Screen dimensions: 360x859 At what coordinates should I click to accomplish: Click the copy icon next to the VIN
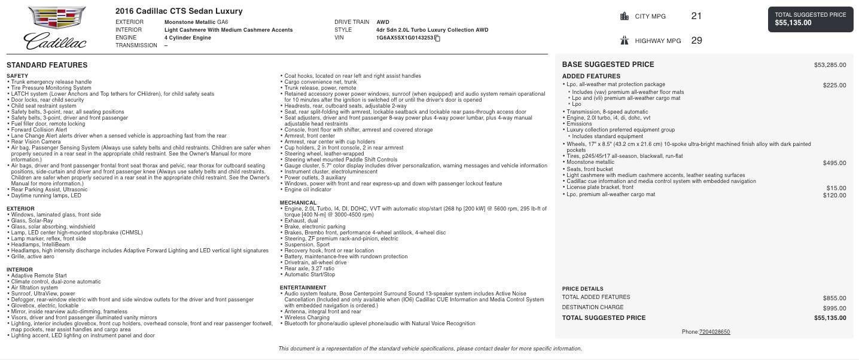coord(437,38)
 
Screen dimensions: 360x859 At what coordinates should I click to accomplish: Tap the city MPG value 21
coord(696,16)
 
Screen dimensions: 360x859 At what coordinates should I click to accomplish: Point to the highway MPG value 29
coord(696,41)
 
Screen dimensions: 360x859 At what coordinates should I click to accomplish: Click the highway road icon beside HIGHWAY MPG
coord(625,41)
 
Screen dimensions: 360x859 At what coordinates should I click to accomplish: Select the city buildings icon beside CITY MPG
coord(625,16)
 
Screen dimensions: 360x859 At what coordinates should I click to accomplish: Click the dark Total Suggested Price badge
coord(811,19)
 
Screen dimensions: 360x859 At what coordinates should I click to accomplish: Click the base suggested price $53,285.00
coord(830,65)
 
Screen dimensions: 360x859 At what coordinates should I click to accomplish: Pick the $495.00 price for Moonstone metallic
coord(834,163)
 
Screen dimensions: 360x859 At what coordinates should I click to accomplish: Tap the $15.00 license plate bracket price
coord(836,188)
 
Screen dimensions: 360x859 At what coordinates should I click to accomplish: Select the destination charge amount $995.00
coord(834,308)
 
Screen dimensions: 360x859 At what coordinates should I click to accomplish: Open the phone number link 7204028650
coord(714,332)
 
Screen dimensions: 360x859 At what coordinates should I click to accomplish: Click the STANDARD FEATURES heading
coord(47,65)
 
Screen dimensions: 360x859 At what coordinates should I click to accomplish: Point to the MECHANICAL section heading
coord(298,203)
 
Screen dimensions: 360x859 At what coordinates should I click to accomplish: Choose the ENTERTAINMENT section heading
coord(303,288)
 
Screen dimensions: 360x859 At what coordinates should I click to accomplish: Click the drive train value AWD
coord(383,22)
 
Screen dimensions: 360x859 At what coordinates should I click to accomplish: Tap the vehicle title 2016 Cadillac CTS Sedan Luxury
coord(179,11)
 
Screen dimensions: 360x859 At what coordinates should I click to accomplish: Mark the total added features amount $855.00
coord(834,298)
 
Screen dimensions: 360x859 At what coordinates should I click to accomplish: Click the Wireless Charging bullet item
coord(307,318)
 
